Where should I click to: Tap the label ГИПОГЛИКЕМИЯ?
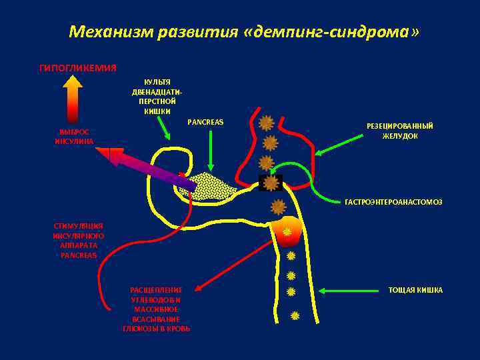(78, 68)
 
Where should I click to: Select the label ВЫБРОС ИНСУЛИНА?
(74, 137)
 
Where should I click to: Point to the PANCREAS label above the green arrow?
(205, 122)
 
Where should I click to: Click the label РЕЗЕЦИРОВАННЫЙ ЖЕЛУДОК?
(400, 131)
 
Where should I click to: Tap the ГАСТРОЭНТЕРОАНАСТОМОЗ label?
(393, 201)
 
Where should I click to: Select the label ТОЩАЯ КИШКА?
(415, 290)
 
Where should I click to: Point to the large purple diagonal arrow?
(150, 168)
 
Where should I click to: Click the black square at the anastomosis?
(271, 183)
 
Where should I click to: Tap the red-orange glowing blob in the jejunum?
(287, 231)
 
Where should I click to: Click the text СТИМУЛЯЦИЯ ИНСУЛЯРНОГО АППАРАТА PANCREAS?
(78, 240)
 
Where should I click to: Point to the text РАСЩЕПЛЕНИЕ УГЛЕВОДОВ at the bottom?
(157, 309)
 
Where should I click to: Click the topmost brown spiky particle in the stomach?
(266, 123)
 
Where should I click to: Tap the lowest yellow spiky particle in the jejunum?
(295, 315)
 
